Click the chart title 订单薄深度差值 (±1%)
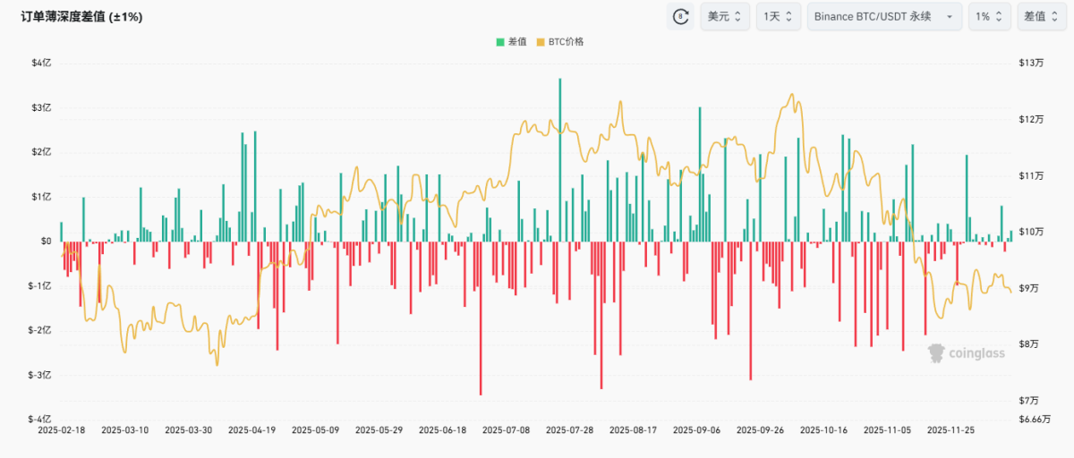(81, 17)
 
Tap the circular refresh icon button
(680, 17)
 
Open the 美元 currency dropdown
(725, 17)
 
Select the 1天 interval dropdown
(778, 17)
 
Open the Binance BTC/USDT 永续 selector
(884, 17)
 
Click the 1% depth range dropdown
(989, 17)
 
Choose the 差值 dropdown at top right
(1042, 17)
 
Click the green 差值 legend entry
(511, 42)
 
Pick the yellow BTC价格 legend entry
(560, 42)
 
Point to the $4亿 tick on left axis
(41, 64)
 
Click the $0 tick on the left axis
(46, 242)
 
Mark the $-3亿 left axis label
(39, 375)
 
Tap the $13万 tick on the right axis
(1031, 64)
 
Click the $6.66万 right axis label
(1035, 420)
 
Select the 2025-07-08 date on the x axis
(506, 430)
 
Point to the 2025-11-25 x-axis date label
(950, 430)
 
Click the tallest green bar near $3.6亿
(559, 160)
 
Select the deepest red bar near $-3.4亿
(481, 318)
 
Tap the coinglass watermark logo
(966, 353)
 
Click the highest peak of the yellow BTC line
(791, 95)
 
